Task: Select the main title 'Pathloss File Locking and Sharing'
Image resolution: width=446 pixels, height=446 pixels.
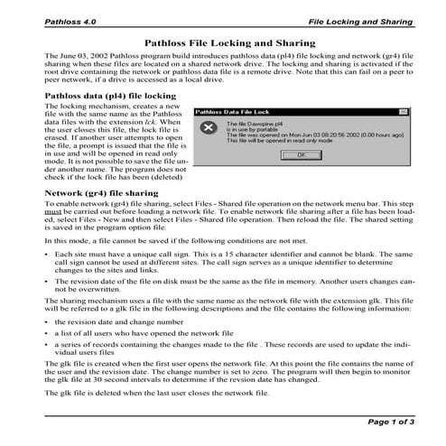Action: click(x=223, y=42)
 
